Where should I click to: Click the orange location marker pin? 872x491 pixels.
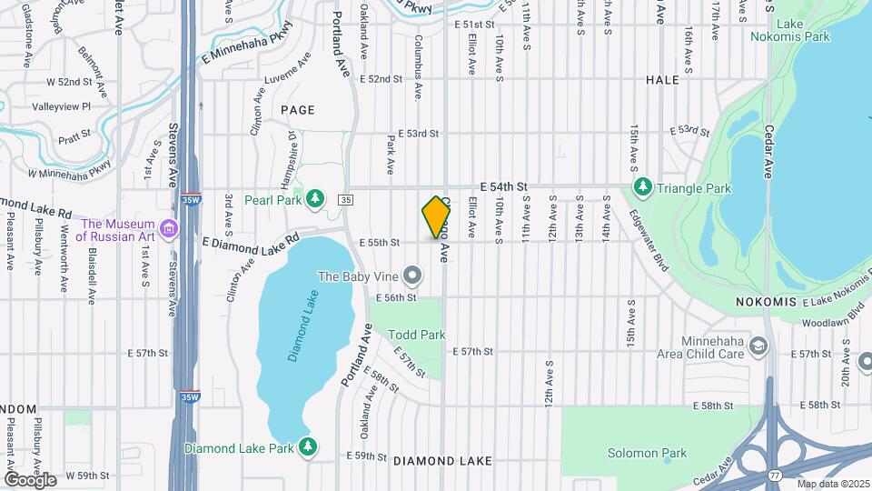coord(437,217)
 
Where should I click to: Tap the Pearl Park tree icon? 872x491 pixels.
coord(315,197)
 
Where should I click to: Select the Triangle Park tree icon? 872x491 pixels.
coord(643,187)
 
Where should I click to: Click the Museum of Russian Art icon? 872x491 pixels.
coord(168,226)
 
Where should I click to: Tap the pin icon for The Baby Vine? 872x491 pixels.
coord(412,275)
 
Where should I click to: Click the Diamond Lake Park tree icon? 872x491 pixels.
coord(309,446)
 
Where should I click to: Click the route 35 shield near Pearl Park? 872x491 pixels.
coord(345,199)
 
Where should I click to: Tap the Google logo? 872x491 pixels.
coord(30,479)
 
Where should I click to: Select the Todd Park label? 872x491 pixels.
coord(417,335)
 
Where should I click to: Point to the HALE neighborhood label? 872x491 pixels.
coord(662,80)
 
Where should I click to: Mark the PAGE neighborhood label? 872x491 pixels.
coord(297,110)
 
